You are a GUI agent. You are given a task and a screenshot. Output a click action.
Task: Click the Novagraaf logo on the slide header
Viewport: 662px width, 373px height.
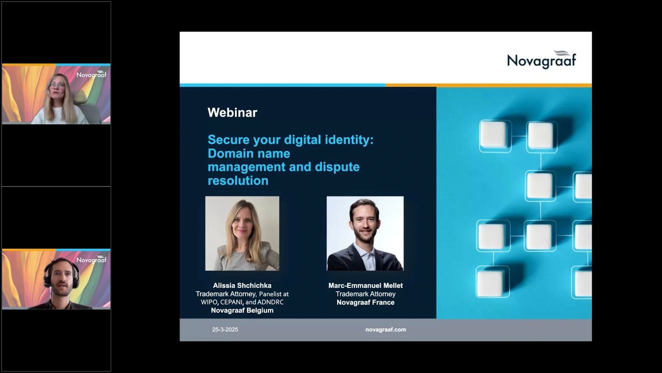point(541,60)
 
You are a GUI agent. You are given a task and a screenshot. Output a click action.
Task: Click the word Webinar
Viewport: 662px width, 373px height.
point(232,112)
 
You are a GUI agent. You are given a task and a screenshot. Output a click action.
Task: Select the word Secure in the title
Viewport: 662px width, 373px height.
point(229,140)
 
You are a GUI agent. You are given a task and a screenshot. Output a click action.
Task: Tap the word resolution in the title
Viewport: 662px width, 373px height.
point(238,181)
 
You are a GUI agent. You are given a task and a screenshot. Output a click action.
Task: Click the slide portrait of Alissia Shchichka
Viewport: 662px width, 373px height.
point(242,233)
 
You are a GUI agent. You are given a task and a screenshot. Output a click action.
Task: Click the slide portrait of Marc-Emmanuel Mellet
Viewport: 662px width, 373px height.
point(365,233)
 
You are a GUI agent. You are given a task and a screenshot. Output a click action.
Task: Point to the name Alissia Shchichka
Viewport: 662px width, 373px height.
point(242,285)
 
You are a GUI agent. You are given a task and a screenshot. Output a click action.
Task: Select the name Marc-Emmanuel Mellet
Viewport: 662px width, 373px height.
point(366,285)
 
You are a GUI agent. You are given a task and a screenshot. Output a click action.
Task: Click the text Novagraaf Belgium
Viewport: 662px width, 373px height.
point(242,310)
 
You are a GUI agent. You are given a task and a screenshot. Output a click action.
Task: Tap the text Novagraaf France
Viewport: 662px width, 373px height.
point(366,302)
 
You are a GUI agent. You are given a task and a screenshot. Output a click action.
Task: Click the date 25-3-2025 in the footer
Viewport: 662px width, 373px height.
point(225,329)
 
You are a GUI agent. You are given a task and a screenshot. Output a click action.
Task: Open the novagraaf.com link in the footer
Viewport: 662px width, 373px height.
point(386,329)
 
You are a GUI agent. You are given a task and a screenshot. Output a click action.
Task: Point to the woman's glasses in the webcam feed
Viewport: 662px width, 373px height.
point(57,85)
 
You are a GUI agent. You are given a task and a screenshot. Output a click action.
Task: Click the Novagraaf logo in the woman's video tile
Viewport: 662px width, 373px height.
point(92,75)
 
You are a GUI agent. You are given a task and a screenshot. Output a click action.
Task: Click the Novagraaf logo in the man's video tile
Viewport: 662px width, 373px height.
point(92,260)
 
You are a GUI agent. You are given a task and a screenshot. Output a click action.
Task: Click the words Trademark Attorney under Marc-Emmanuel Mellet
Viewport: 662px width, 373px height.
point(366,294)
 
